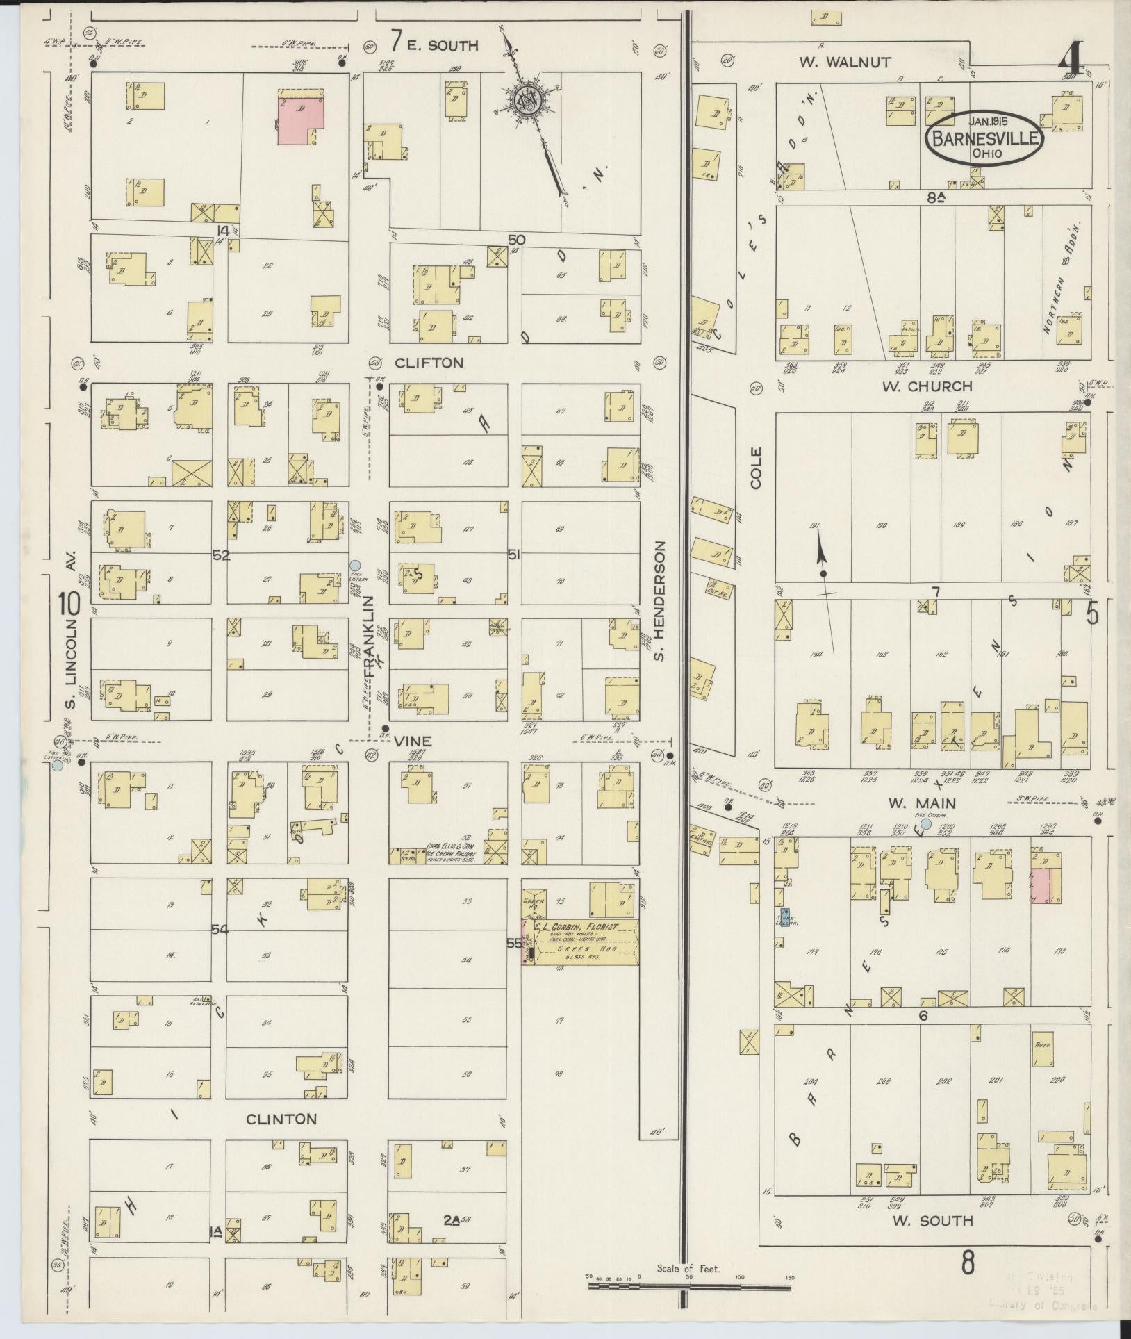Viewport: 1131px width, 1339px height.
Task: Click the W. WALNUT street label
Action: click(x=844, y=62)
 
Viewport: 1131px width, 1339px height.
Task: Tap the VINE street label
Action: click(x=413, y=741)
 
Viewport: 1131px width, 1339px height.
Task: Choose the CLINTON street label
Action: click(x=281, y=1119)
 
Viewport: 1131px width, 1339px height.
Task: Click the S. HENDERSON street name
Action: click(x=661, y=600)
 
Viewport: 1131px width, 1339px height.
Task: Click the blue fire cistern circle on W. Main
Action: click(x=925, y=823)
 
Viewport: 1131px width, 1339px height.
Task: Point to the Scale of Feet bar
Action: click(x=690, y=1285)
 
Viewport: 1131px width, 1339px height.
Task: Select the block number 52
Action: click(x=221, y=555)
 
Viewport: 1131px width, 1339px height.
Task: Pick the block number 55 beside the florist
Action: click(x=513, y=943)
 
